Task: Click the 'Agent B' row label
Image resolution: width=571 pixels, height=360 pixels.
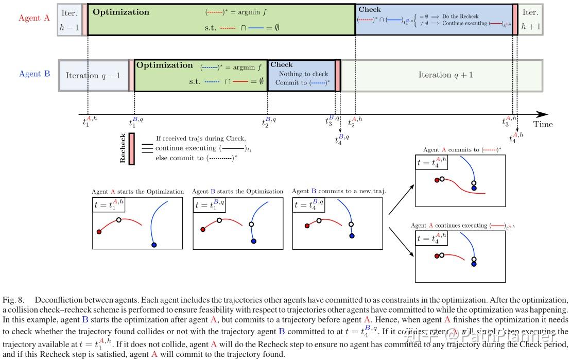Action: click(x=34, y=74)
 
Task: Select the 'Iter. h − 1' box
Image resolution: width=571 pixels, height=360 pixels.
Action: click(x=69, y=20)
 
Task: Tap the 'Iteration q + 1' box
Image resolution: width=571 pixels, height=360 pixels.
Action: click(x=445, y=75)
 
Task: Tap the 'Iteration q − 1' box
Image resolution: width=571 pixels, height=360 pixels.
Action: click(x=93, y=75)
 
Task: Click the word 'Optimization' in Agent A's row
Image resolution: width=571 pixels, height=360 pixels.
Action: click(x=122, y=12)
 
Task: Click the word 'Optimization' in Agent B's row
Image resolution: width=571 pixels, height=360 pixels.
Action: click(x=164, y=65)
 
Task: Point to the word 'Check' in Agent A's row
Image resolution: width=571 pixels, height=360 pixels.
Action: click(x=369, y=9)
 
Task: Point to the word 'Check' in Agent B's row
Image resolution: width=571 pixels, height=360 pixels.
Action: click(x=281, y=64)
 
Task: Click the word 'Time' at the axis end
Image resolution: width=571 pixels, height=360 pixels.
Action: click(x=543, y=124)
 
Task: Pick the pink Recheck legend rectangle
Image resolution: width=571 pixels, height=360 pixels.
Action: click(x=131, y=149)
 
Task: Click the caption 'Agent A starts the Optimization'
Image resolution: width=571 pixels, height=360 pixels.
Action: click(x=137, y=192)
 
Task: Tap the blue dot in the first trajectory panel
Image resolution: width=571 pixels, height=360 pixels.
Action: click(x=154, y=244)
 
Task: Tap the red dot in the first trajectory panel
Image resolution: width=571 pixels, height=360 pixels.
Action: click(x=99, y=232)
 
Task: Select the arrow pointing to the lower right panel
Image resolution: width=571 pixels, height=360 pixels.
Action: click(x=400, y=242)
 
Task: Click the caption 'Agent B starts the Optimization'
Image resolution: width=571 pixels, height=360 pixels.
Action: click(x=237, y=192)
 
